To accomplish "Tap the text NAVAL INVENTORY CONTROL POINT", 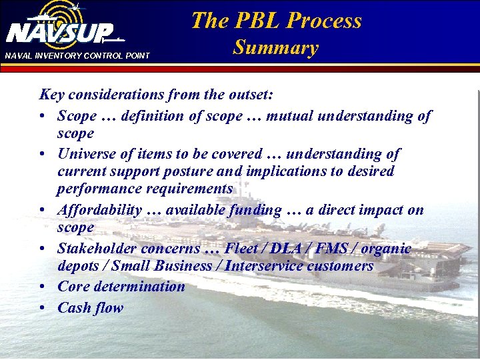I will click(77, 55).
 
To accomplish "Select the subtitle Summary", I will click(275, 48).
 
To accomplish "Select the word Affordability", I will click(99, 210).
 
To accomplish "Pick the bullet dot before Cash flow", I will click(42, 308).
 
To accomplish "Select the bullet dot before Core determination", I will click(42, 287).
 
